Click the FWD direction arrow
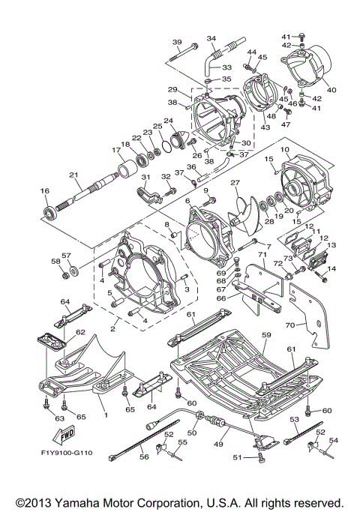click(64, 435)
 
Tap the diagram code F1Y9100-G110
click(67, 453)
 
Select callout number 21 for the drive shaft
click(73, 175)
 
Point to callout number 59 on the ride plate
click(266, 335)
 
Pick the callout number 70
click(290, 325)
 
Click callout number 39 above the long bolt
click(177, 43)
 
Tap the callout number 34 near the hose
click(211, 38)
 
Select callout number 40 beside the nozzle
click(331, 90)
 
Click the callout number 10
click(284, 149)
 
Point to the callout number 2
click(112, 329)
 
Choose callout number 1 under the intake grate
click(106, 415)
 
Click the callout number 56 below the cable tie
click(144, 457)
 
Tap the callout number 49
click(218, 444)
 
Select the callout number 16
click(45, 191)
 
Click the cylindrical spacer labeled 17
click(127, 169)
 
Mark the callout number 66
click(221, 298)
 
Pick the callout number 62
click(80, 332)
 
